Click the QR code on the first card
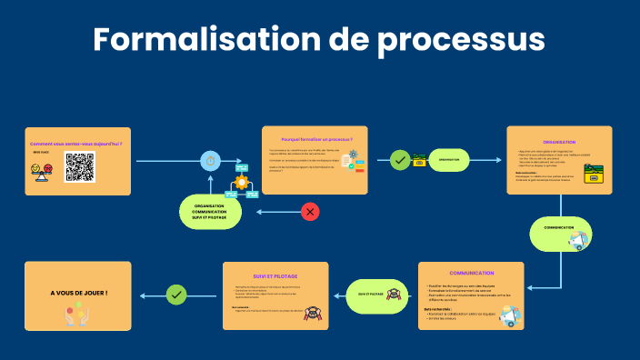click(79, 167)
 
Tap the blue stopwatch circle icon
click(211, 161)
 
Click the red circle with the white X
click(310, 212)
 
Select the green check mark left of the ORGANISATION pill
click(399, 160)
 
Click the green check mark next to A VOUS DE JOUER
click(176, 295)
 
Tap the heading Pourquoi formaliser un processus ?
click(315, 139)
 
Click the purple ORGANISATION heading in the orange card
click(559, 142)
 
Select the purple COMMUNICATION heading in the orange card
click(471, 273)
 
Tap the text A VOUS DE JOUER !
click(79, 293)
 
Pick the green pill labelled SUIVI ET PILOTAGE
click(371, 295)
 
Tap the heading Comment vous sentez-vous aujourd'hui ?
click(75, 144)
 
